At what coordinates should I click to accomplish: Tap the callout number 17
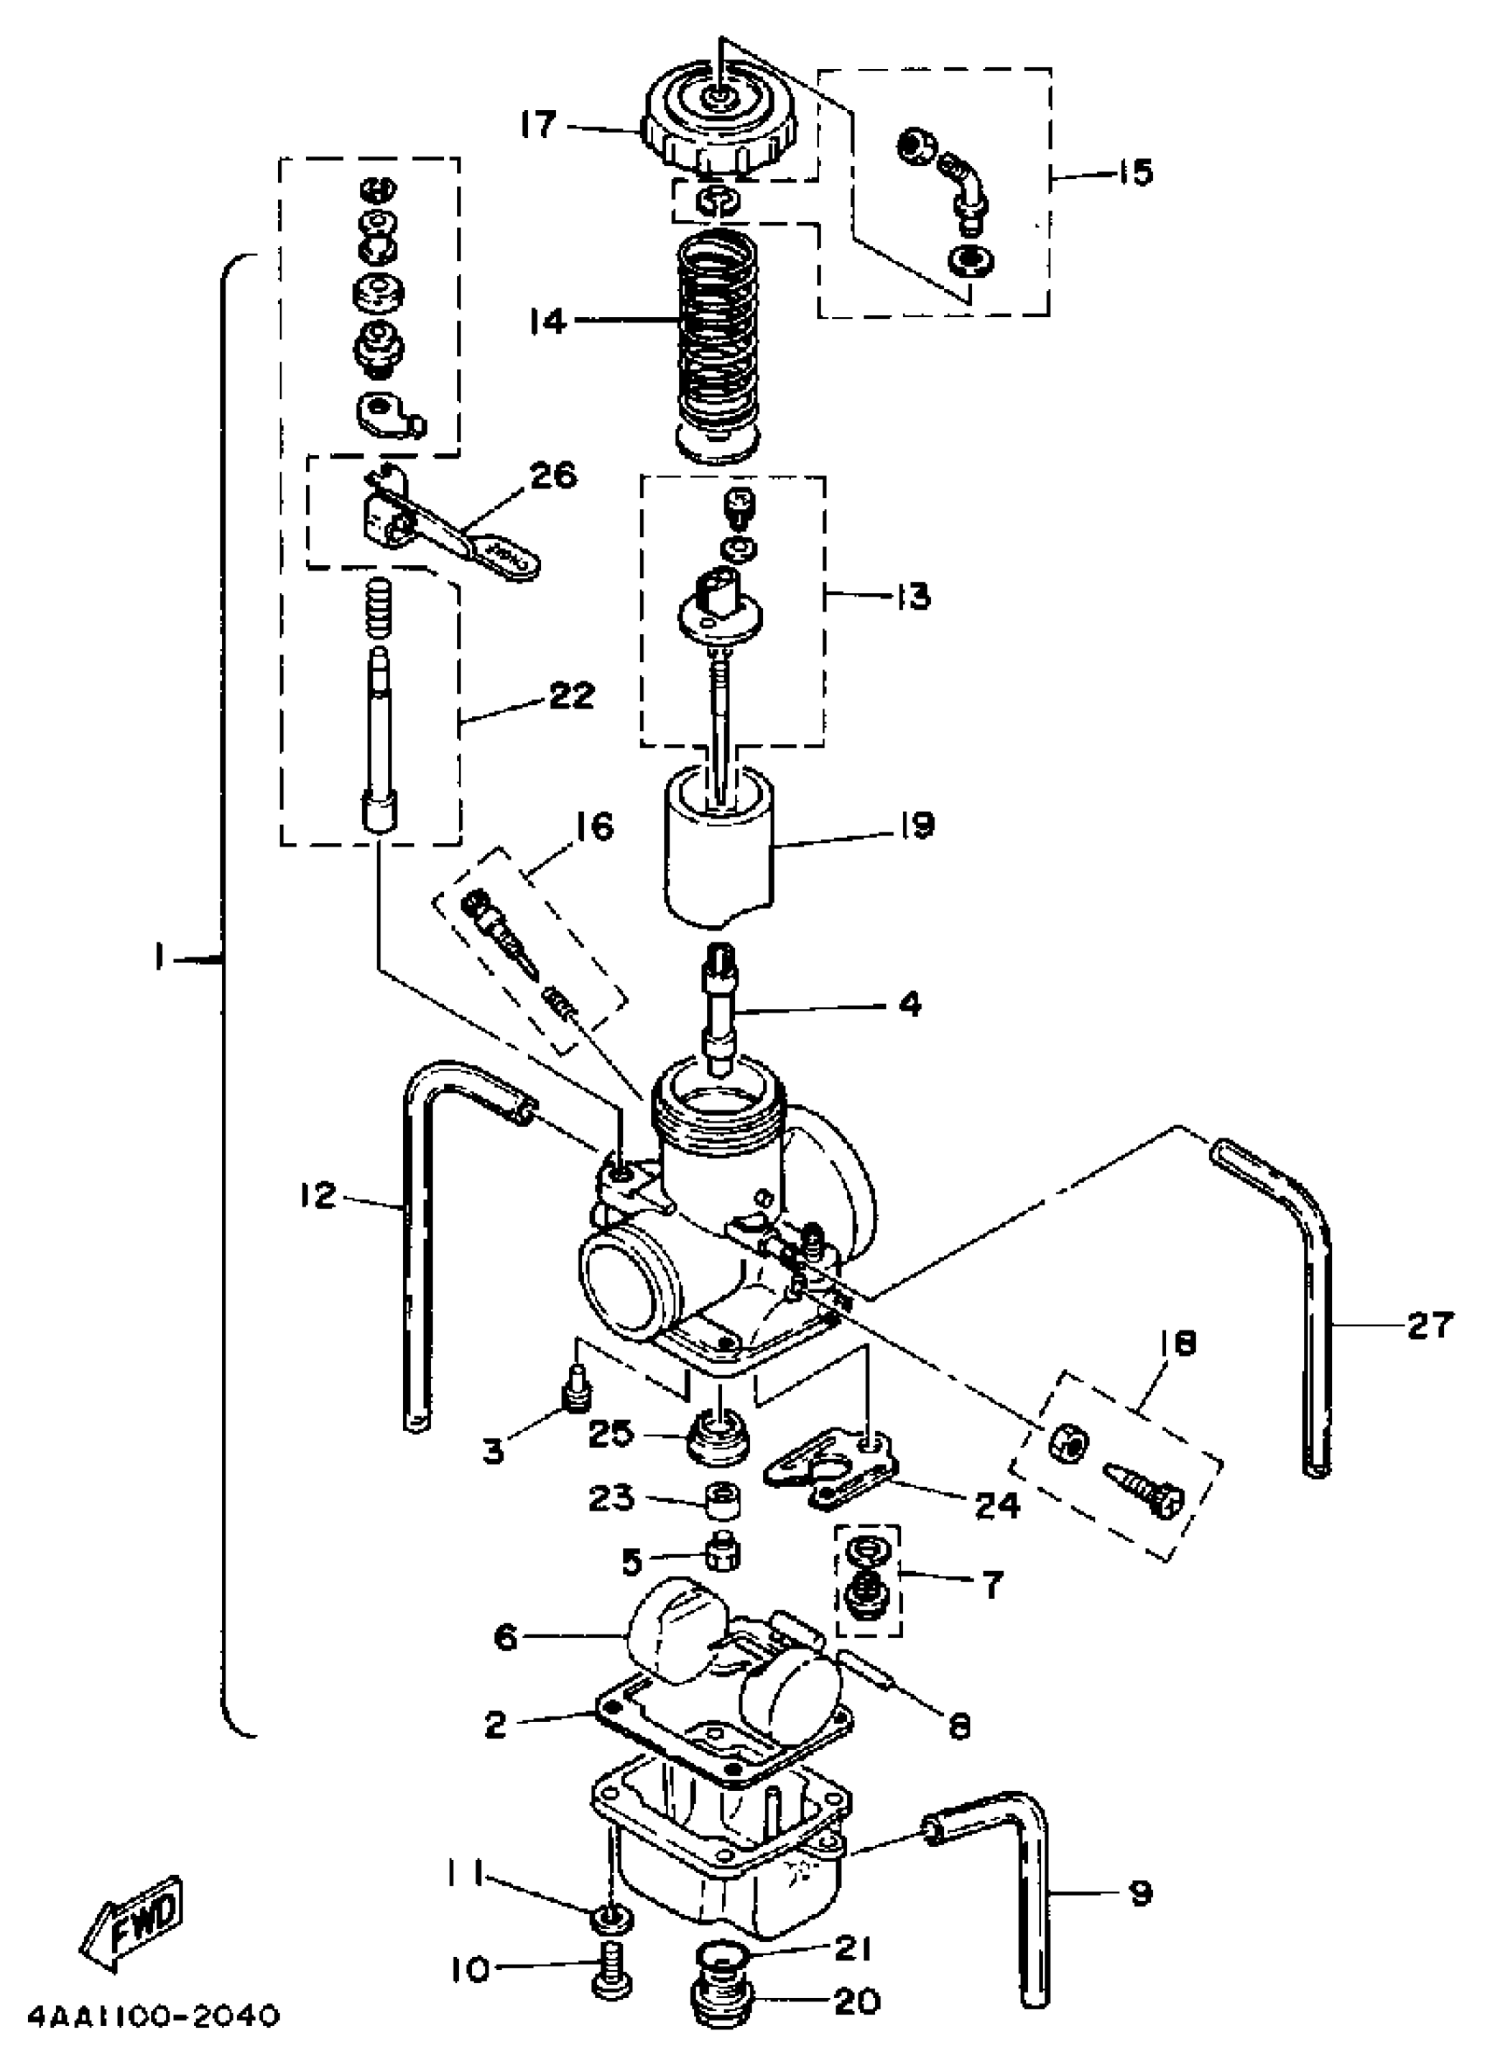coord(538,125)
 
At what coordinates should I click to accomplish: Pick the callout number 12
coord(318,1195)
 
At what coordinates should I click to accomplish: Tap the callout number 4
coord(910,1005)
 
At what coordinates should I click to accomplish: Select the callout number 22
coord(572,695)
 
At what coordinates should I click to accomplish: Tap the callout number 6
coord(505,1638)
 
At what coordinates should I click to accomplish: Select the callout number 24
coord(996,1504)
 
